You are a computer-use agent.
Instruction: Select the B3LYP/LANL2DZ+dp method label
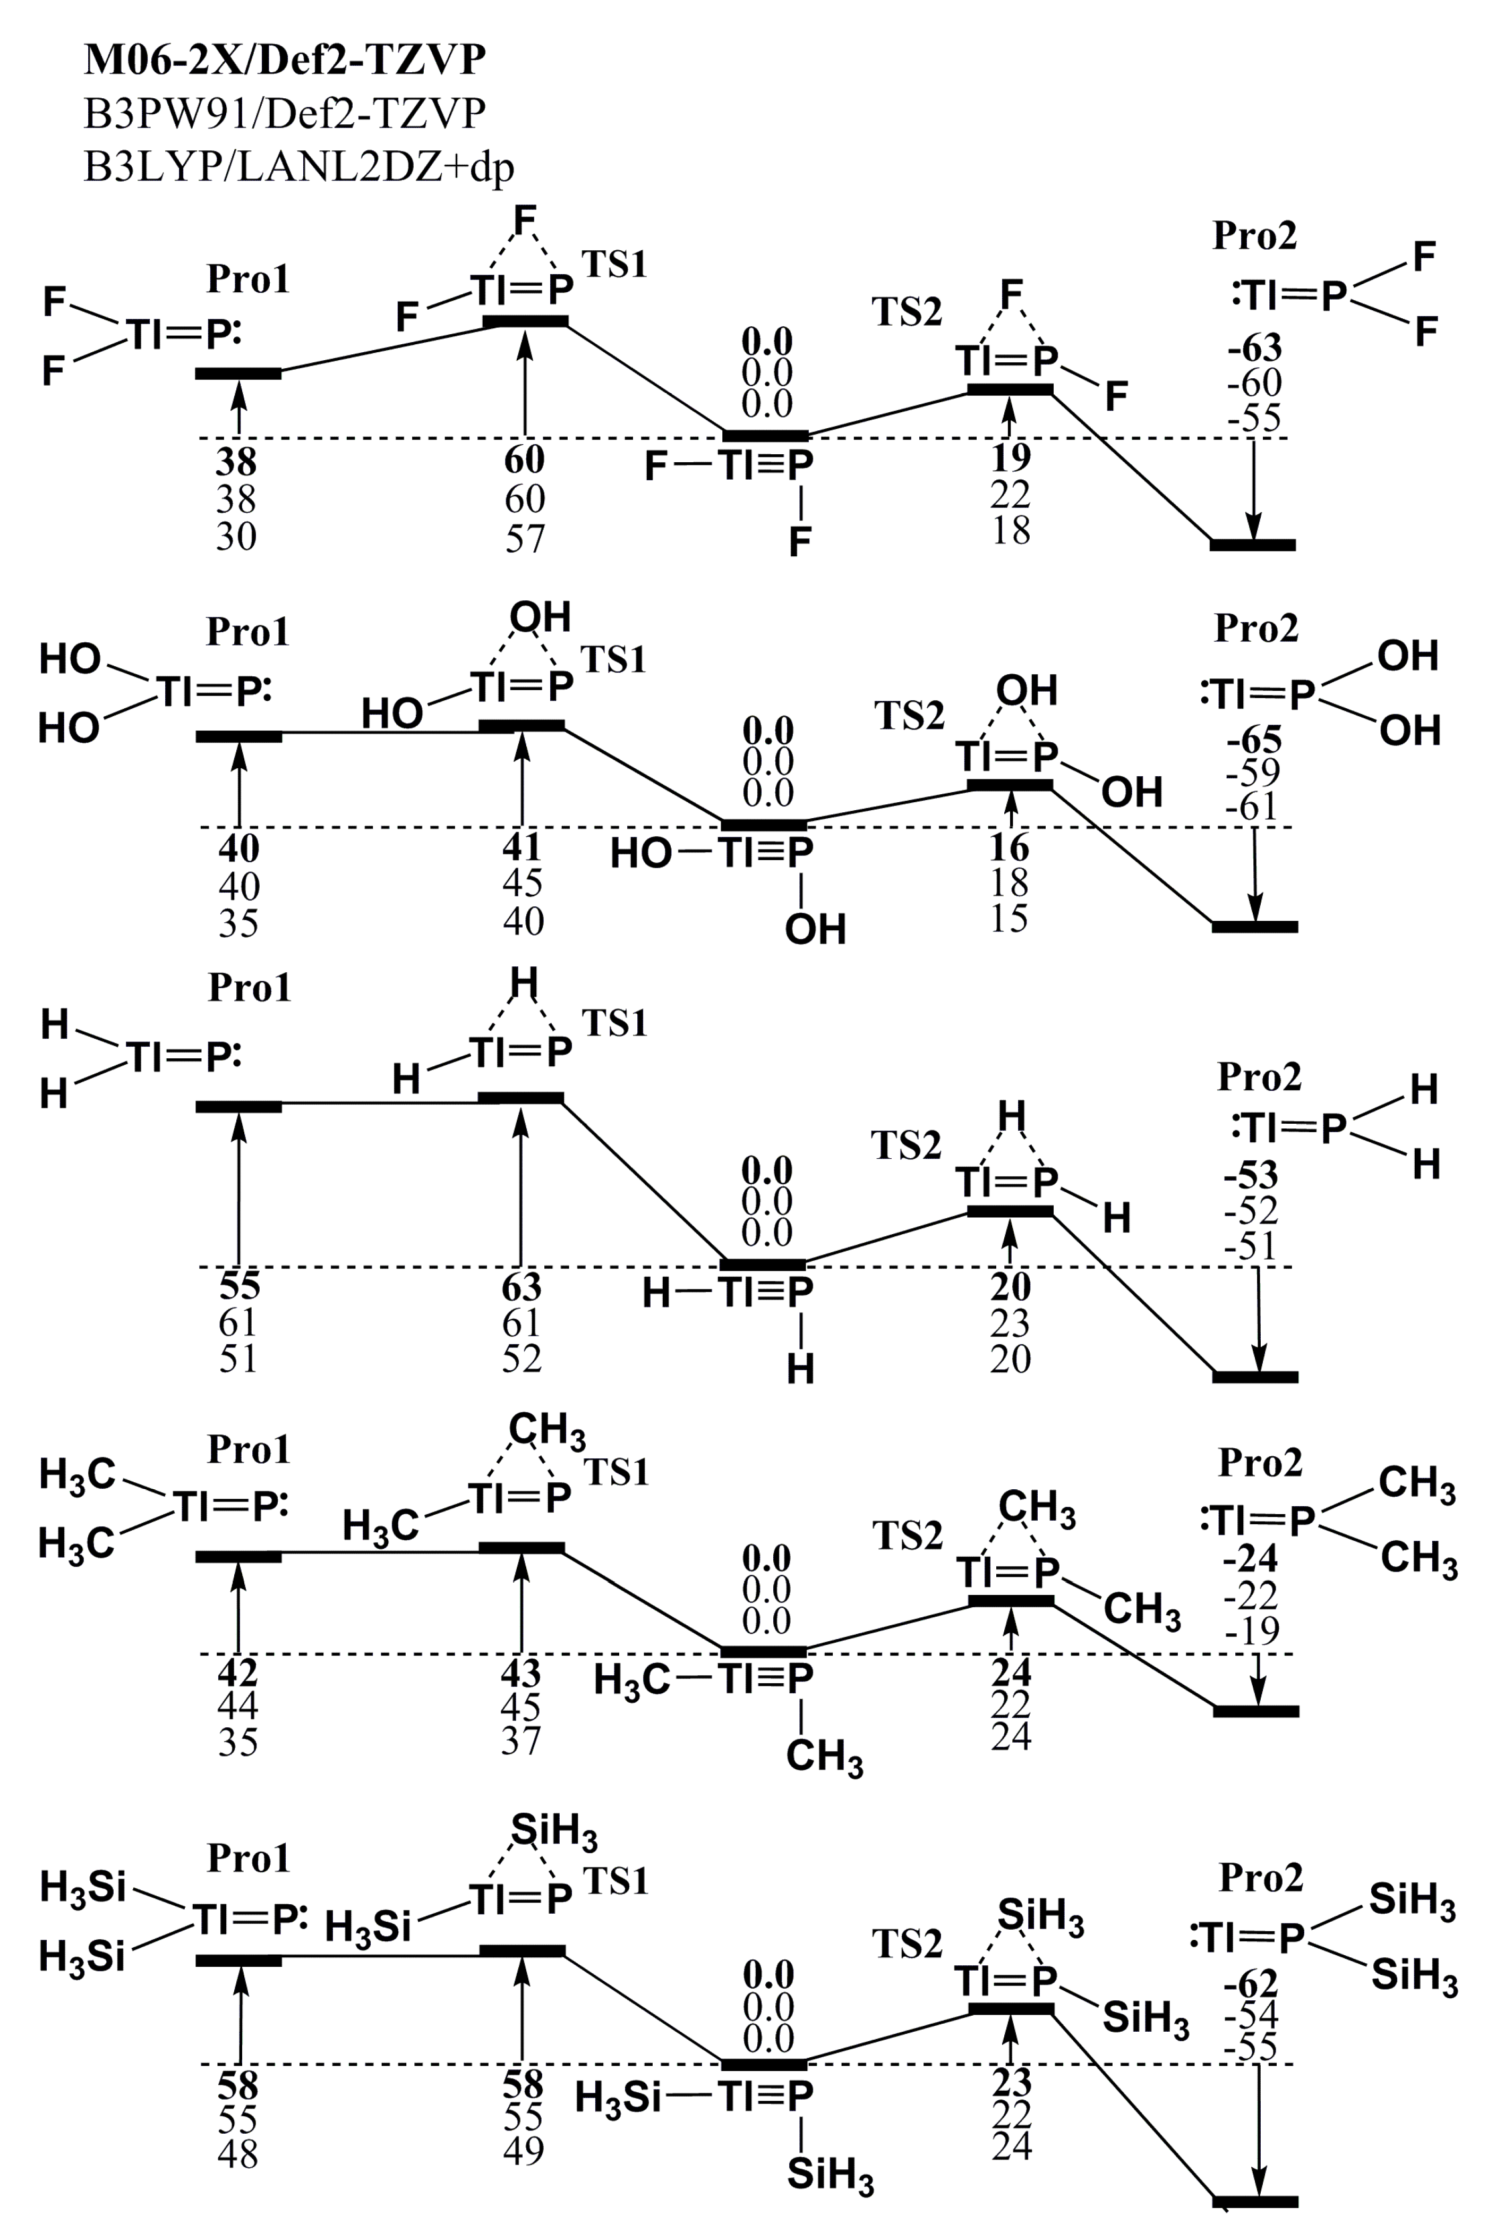click(x=298, y=167)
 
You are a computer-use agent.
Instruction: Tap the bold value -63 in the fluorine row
click(x=1254, y=349)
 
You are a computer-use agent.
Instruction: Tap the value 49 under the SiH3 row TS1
click(x=523, y=2151)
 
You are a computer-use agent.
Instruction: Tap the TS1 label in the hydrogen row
click(x=616, y=1023)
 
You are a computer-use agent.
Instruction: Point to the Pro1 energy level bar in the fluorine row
click(x=238, y=373)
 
